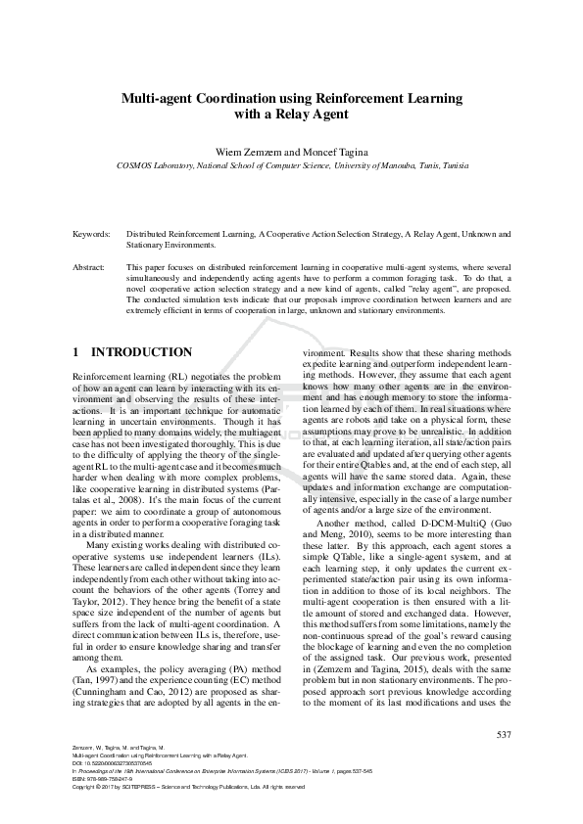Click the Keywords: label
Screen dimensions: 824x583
coord(94,235)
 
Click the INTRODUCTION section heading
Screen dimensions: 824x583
coord(141,352)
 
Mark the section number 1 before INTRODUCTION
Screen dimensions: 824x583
coord(76,352)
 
